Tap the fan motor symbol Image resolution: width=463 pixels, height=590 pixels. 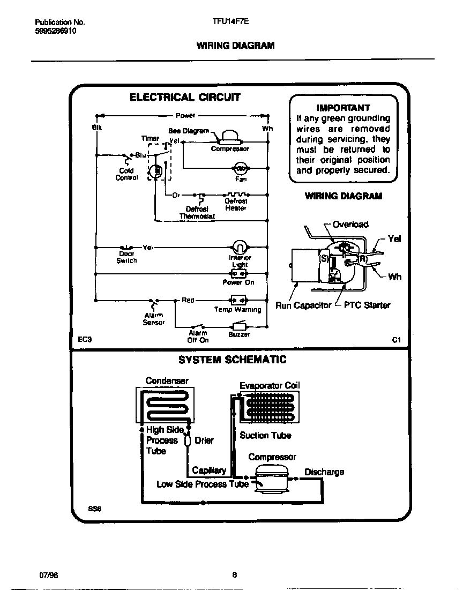[241, 168]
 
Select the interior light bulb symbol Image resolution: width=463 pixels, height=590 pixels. [239, 247]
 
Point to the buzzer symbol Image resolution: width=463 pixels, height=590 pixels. [238, 326]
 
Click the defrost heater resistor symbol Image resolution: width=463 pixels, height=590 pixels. [236, 195]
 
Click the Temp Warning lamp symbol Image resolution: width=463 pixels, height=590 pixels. [237, 300]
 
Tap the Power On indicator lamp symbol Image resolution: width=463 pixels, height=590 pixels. [238, 274]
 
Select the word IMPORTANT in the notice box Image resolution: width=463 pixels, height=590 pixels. [343, 108]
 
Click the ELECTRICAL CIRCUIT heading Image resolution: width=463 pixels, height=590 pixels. [185, 98]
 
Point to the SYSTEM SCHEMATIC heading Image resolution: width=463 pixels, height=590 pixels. [232, 360]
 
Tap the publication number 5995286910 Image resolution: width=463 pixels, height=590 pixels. [56, 32]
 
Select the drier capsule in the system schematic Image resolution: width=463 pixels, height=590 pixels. [188, 440]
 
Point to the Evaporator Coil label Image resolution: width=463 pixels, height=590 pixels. [270, 385]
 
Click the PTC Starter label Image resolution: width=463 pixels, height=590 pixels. [367, 305]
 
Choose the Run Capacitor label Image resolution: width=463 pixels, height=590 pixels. [303, 305]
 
